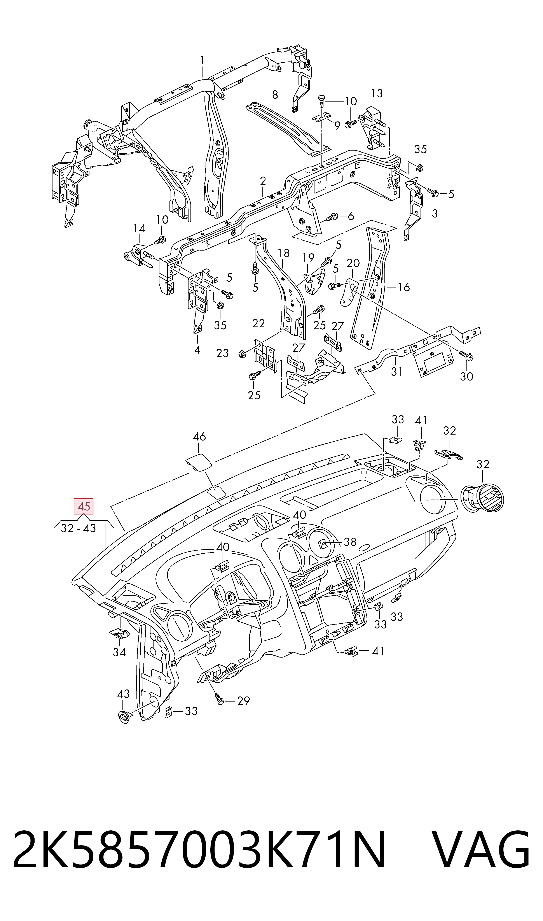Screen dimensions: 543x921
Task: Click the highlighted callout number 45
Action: click(x=84, y=507)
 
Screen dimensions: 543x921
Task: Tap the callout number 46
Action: click(x=199, y=437)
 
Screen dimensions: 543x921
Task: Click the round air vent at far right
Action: click(x=483, y=498)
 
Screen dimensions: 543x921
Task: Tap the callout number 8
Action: click(x=275, y=95)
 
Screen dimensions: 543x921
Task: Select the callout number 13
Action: click(x=377, y=93)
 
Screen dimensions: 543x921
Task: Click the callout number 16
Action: click(x=404, y=287)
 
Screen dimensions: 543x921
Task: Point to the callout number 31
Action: click(x=397, y=372)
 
